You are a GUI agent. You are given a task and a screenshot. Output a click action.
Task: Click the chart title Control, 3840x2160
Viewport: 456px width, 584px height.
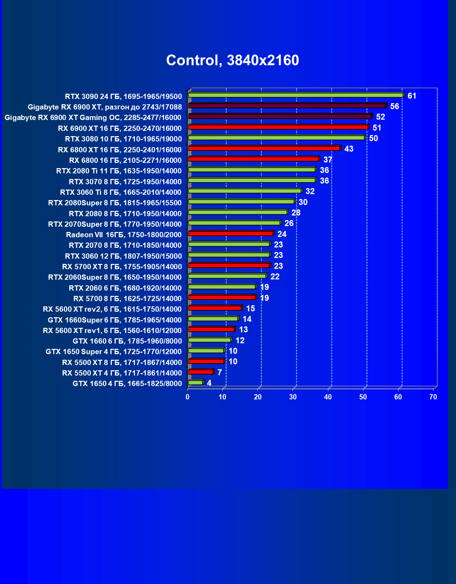click(x=233, y=60)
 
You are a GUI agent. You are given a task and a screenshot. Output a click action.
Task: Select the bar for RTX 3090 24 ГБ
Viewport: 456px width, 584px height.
click(x=296, y=95)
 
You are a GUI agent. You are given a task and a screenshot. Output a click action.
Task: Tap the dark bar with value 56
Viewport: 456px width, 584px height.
click(x=287, y=106)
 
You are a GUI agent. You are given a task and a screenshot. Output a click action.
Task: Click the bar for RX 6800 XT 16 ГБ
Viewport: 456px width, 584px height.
click(x=264, y=148)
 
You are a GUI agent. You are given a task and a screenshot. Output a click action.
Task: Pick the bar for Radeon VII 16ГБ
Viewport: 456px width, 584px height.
click(x=231, y=233)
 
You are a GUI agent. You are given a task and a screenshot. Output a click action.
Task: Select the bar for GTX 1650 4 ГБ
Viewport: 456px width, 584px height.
click(x=195, y=382)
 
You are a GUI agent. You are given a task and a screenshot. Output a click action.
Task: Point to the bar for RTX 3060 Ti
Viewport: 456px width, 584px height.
click(x=245, y=191)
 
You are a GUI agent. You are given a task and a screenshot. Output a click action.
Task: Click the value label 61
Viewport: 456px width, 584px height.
click(x=412, y=96)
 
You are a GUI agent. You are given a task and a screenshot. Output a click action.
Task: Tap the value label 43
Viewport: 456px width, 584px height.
click(x=349, y=149)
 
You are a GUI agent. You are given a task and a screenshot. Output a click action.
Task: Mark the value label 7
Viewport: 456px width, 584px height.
click(x=220, y=372)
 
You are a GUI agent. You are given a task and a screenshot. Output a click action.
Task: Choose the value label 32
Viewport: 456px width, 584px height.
click(x=310, y=191)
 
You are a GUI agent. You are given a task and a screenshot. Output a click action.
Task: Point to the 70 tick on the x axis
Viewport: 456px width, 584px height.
click(x=433, y=397)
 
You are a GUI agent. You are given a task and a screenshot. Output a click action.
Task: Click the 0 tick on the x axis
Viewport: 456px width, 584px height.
click(x=188, y=397)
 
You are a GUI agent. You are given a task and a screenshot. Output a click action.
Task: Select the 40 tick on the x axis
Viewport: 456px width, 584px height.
click(x=328, y=397)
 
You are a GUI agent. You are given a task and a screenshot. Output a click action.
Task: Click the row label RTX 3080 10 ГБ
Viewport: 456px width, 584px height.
click(x=123, y=139)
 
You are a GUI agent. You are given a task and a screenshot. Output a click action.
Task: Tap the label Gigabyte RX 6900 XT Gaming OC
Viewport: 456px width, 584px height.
click(x=93, y=118)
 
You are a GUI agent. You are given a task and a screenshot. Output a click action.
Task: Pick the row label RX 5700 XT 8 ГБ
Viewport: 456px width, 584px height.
click(x=122, y=267)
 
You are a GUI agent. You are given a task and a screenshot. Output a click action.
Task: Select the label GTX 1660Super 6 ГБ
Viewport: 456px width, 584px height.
click(x=115, y=320)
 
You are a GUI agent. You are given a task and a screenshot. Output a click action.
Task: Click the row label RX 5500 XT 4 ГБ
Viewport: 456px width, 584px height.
click(x=122, y=373)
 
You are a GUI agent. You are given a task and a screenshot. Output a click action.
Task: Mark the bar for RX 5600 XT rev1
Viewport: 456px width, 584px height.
click(x=211, y=329)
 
